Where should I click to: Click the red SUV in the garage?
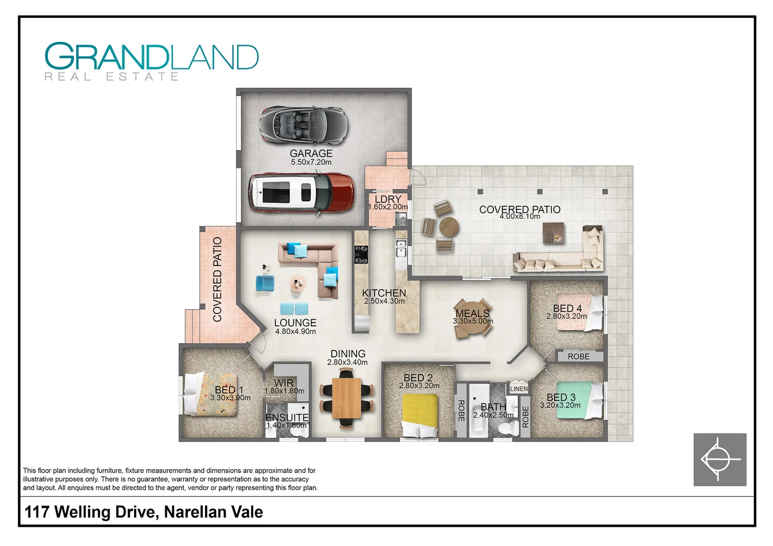tap(301, 193)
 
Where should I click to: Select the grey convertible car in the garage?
tap(304, 124)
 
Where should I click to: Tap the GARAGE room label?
tap(311, 153)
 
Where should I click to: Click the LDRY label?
tap(388, 199)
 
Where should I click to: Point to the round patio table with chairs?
tap(448, 227)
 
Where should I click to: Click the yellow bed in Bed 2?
tap(419, 415)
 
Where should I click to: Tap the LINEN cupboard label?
tap(519, 389)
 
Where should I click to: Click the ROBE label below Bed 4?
tap(578, 356)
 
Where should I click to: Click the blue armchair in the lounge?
tap(265, 283)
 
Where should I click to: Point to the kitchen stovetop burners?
tap(361, 254)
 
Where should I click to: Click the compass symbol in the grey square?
tap(719, 460)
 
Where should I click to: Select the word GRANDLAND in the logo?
tap(151, 57)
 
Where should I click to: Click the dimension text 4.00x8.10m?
tap(520, 216)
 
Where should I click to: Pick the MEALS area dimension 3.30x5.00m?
tap(473, 321)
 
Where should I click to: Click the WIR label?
tap(284, 383)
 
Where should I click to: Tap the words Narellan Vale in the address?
tap(213, 512)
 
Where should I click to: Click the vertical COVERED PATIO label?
tap(218, 279)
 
